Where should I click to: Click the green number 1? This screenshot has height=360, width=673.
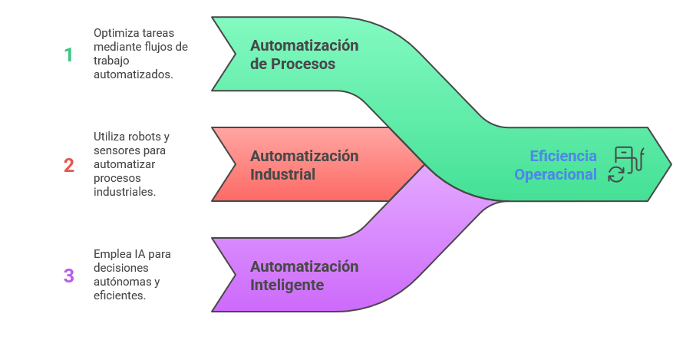pyautogui.click(x=68, y=54)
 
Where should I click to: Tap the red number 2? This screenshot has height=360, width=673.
pyautogui.click(x=69, y=165)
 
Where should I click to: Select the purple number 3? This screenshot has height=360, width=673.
pyautogui.click(x=69, y=276)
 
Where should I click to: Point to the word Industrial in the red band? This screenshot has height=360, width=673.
pyautogui.click(x=282, y=175)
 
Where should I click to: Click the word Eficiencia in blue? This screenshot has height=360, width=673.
pyautogui.click(x=563, y=157)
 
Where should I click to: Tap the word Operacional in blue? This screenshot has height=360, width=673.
pyautogui.click(x=556, y=175)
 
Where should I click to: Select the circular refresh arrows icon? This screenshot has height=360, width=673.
pyautogui.click(x=616, y=174)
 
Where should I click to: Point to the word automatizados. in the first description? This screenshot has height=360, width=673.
pyautogui.click(x=133, y=75)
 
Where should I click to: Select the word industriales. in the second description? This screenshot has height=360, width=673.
pyautogui.click(x=125, y=192)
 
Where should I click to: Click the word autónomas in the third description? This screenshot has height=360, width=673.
pyautogui.click(x=119, y=282)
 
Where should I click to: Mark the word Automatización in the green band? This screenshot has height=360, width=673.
pyautogui.click(x=305, y=46)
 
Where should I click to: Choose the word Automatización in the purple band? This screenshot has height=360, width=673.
pyautogui.click(x=305, y=267)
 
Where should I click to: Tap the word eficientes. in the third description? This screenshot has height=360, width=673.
pyautogui.click(x=120, y=296)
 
